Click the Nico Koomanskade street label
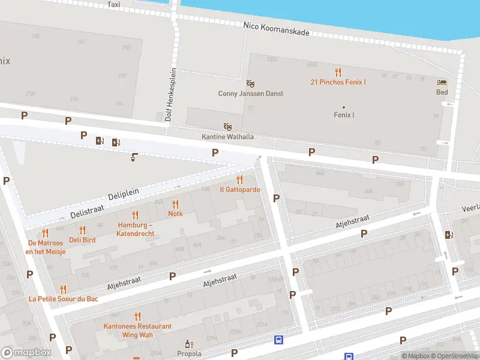click(277, 28)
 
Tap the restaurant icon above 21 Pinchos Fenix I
click(338, 72)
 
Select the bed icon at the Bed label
click(442, 83)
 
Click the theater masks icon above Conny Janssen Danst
click(250, 83)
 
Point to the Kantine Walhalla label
click(227, 137)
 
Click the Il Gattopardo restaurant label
click(239, 190)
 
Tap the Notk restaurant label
click(175, 214)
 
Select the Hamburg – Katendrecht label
click(136, 229)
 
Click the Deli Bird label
click(82, 240)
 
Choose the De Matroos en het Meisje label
click(45, 247)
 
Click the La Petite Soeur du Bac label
click(64, 298)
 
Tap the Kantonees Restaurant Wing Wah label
click(137, 330)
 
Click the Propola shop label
click(189, 353)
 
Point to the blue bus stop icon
click(278, 340)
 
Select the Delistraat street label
click(87, 211)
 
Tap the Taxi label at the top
click(113, 4)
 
